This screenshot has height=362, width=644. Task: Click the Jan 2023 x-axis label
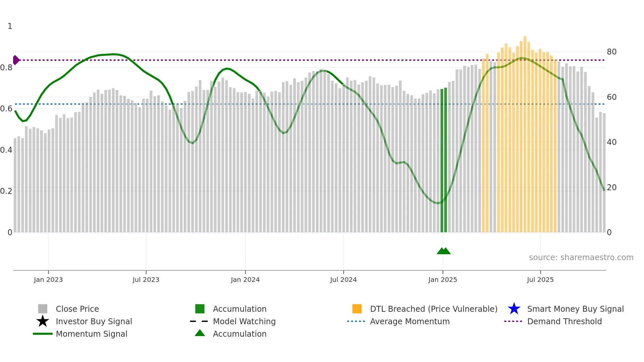pos(48,280)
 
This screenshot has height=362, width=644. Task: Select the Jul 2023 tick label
pos(146,280)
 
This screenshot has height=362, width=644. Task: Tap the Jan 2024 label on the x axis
pos(245,280)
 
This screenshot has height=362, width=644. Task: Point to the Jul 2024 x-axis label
pos(343,280)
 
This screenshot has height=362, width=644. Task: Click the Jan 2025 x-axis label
pos(443,280)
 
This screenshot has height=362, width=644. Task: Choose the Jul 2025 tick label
pos(540,280)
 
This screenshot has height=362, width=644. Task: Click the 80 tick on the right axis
pos(611,52)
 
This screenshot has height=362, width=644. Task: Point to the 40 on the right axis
pos(611,142)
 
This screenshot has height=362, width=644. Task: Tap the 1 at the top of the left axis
pos(10,26)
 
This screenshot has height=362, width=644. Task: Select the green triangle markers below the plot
pos(444,251)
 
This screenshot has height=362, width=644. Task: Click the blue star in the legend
pos(514,309)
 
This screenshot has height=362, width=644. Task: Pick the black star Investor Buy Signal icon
pos(43,321)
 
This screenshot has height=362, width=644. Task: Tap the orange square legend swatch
pos(357,309)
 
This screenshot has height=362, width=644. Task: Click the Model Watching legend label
pos(244,321)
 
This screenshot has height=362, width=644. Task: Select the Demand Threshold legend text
pos(564,321)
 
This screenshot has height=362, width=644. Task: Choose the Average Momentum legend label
pos(410,321)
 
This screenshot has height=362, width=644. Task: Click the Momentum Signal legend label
pos(91,334)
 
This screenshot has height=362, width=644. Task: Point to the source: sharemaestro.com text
pos(581,257)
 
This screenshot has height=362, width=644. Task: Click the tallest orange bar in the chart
pos(525,131)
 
